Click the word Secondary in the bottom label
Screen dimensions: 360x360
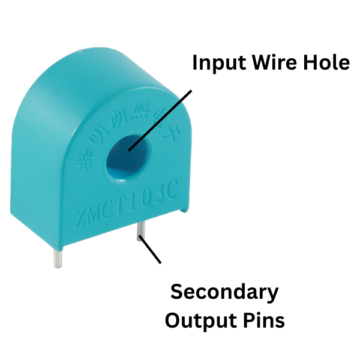224,292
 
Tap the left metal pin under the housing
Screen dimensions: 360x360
56,258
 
